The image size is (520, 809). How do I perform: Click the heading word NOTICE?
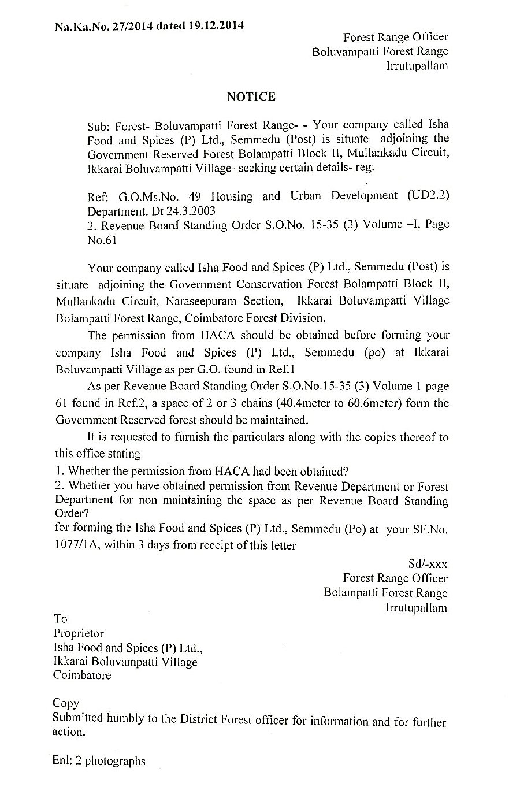coord(251,97)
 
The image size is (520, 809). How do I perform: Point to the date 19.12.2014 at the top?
coord(216,25)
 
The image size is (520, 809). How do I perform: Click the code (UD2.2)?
coord(428,195)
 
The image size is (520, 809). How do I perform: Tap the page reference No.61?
coord(102,240)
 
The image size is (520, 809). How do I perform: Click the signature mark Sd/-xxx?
coord(427,563)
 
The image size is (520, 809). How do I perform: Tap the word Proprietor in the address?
coord(79,633)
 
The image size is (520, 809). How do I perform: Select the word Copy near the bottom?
coord(65,703)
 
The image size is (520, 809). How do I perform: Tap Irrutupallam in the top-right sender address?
coord(417,65)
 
